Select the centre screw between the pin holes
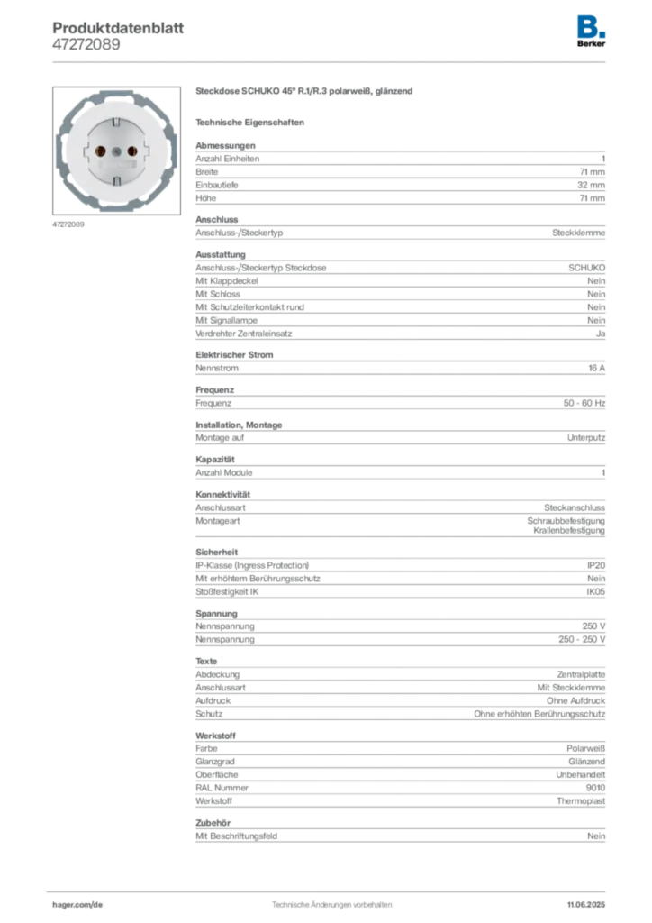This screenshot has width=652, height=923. [116, 151]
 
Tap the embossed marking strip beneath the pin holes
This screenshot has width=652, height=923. [116, 166]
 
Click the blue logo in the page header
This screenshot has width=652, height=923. [591, 25]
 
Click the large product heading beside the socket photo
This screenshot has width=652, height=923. [304, 92]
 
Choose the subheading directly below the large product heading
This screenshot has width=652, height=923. [252, 121]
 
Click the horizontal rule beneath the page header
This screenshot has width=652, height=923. [331, 60]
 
